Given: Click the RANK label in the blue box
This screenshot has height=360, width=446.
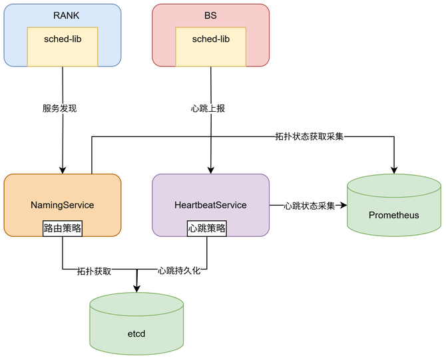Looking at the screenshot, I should coord(63,15).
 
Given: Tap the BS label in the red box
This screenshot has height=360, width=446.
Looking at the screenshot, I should coord(210,15).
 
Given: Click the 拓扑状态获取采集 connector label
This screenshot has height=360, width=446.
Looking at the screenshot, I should coord(310,137).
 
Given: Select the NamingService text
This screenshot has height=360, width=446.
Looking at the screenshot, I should coord(63,205).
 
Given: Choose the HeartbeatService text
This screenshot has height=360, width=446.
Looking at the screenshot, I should coord(210,205).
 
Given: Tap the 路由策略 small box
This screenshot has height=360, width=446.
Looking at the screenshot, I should coord(63,228).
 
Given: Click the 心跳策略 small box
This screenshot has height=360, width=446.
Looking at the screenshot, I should coord(207,228).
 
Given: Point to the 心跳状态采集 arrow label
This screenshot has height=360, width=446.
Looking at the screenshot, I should coord(309,206).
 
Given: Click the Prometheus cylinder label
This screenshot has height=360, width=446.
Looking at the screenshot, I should coord(394,215).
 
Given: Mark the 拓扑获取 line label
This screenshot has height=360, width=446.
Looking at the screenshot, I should coord(94,271).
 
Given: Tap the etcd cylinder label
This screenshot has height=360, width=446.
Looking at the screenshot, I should coord(136,333).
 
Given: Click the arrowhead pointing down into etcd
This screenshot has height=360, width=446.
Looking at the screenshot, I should coord(136,288).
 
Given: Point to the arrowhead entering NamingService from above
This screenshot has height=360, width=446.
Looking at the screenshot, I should coord(63,170).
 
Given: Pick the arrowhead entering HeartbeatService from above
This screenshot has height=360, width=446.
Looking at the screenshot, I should coord(210,170).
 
